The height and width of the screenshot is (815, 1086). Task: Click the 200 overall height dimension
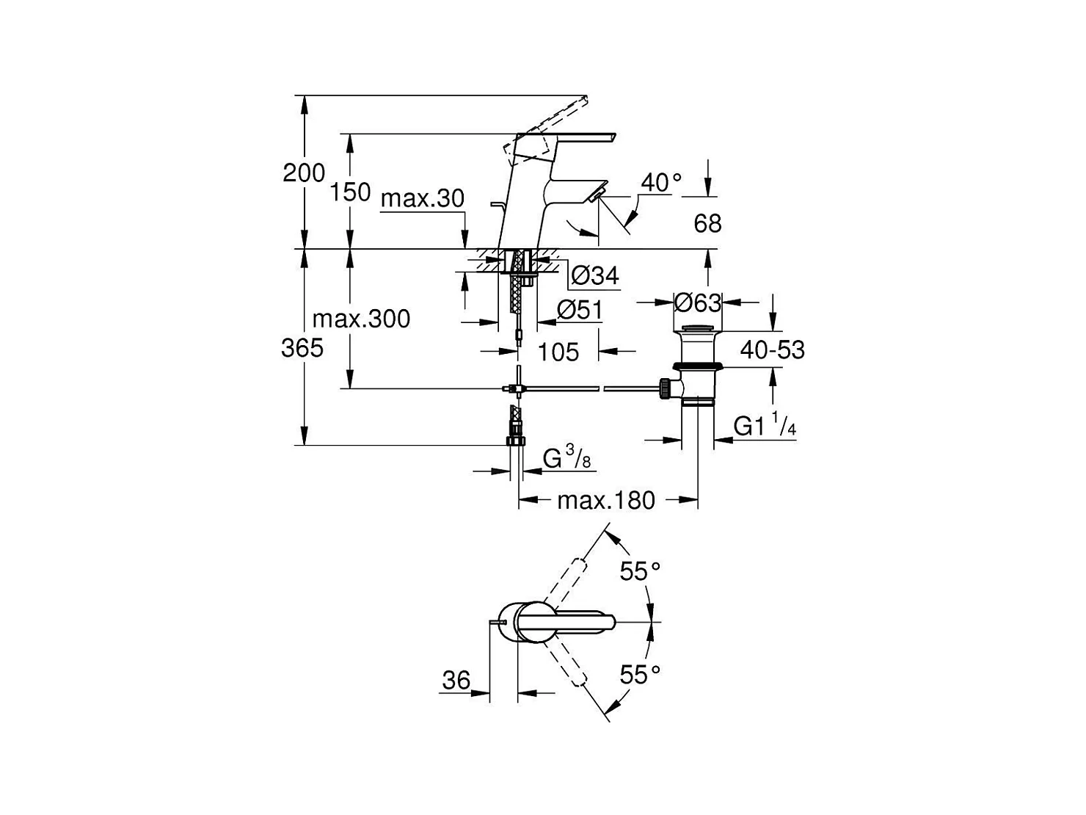[304, 173]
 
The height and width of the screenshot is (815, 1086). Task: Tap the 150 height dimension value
[350, 192]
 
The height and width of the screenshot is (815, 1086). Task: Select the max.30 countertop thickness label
[423, 199]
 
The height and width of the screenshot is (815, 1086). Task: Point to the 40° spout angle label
[661, 182]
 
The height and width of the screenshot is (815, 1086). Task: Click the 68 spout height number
[707, 224]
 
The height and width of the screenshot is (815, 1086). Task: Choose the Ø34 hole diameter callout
[594, 275]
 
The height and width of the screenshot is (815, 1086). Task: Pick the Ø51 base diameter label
[580, 311]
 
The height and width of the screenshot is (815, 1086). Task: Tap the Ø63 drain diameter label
[698, 303]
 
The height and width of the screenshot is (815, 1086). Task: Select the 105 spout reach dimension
[558, 352]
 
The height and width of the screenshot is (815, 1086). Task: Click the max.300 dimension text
[361, 319]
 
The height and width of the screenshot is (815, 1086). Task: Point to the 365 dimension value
[302, 348]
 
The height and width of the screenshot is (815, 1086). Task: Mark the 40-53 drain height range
[773, 349]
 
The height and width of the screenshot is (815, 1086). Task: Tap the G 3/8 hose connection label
[567, 457]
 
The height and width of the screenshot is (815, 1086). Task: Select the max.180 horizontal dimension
[606, 501]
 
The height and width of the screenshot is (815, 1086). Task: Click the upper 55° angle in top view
[640, 571]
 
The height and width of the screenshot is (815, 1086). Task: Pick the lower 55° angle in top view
[640, 675]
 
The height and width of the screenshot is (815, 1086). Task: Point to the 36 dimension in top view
[456, 681]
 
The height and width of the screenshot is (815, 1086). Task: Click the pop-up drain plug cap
[698, 329]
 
